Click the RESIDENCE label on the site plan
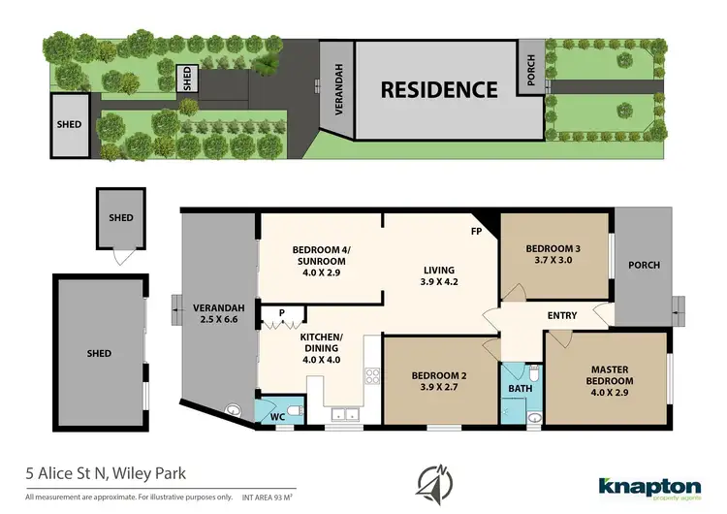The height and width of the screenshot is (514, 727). click(x=439, y=90)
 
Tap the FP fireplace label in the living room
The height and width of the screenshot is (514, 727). click(x=477, y=233)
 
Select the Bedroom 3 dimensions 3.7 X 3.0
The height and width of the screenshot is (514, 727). click(x=553, y=259)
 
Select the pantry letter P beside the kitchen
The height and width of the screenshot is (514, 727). click(x=281, y=312)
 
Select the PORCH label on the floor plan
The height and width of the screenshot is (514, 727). click(x=644, y=265)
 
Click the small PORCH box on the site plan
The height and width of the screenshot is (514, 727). click(x=531, y=68)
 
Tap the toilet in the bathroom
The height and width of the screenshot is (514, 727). click(x=534, y=373)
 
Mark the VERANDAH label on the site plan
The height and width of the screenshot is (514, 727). click(x=339, y=90)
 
